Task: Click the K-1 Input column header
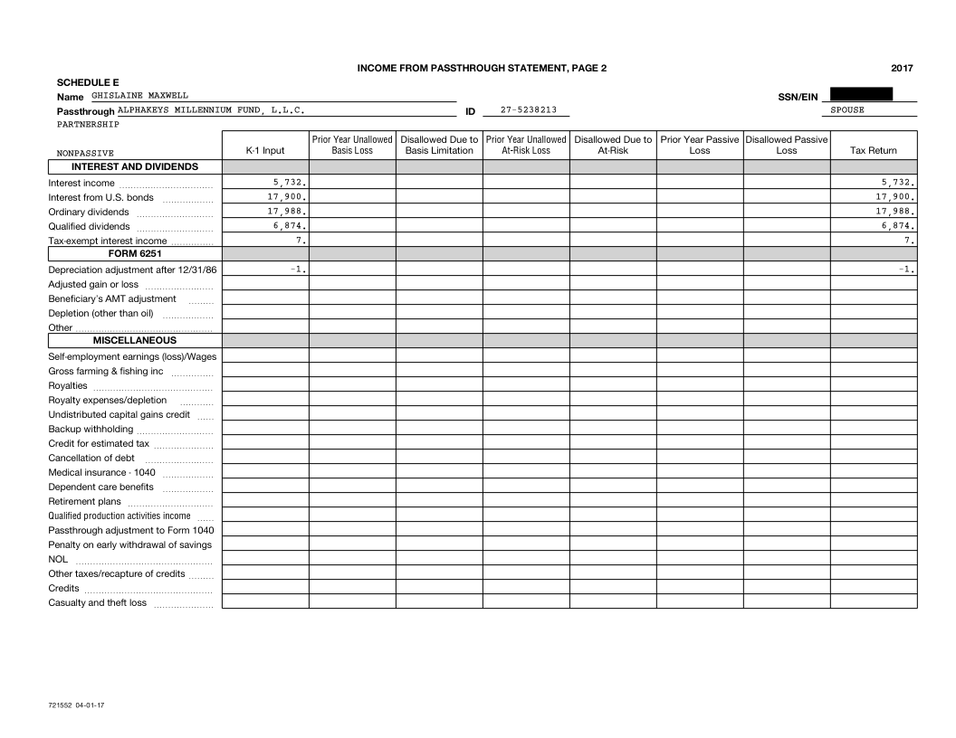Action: click(265, 151)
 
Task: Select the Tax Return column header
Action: click(874, 151)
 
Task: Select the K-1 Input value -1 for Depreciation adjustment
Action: click(301, 270)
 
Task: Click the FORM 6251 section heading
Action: click(135, 254)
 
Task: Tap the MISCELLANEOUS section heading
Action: click(135, 341)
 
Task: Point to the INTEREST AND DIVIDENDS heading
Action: click(135, 166)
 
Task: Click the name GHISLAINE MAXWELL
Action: click(139, 95)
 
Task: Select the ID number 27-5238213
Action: click(529, 110)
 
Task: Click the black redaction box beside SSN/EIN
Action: click(861, 94)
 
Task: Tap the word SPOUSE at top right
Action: click(846, 110)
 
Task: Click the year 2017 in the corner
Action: click(902, 68)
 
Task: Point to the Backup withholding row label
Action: click(91, 429)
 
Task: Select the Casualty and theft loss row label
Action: click(97, 602)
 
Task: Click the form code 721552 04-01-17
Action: click(74, 704)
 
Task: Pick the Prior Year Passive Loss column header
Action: click(700, 146)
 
